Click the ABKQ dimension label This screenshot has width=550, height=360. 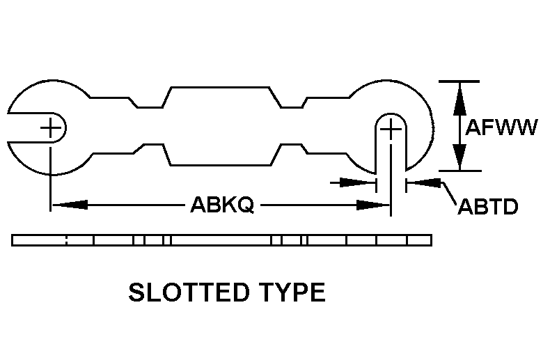point(221,205)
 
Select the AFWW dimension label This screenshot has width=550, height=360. point(501,128)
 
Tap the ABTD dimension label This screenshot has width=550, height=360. point(487,208)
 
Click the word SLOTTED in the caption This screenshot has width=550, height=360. point(187,292)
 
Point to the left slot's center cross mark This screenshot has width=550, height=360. point(50,128)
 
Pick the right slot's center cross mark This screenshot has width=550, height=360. point(391,128)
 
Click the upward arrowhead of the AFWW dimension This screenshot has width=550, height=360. point(459,97)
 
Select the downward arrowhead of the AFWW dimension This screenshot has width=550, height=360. point(459,157)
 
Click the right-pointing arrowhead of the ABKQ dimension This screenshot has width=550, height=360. point(372,205)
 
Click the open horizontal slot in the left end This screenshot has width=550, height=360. point(31,128)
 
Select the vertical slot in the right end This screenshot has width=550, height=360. point(391,150)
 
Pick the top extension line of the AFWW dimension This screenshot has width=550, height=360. point(459,81)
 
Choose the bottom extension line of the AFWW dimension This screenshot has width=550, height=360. point(459,170)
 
